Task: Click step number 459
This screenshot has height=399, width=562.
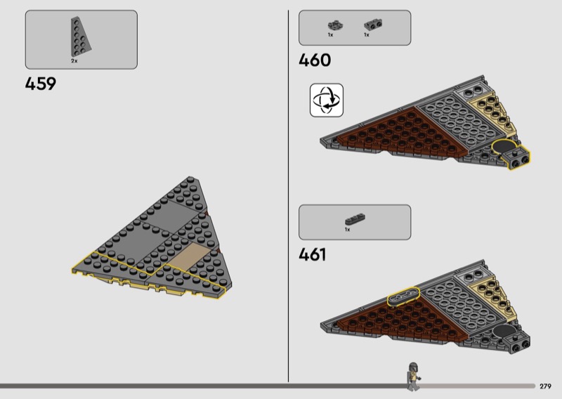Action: coord(41,84)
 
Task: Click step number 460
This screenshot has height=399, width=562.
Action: coord(315,60)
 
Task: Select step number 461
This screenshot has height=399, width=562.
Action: coord(313,254)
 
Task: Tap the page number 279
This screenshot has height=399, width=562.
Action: coord(545,386)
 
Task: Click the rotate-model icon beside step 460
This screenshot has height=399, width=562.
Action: coord(327,100)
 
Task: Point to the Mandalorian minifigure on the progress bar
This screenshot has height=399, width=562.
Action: coord(413,376)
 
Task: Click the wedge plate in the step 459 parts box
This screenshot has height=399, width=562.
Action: coord(80,37)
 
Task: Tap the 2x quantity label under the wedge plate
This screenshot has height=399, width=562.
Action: coord(74,61)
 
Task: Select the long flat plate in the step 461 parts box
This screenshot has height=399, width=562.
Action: coord(355,218)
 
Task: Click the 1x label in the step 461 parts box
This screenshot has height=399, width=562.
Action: coord(347,230)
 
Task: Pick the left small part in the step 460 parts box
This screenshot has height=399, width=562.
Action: coord(336,25)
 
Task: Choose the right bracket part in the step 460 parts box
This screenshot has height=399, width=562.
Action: coord(373,25)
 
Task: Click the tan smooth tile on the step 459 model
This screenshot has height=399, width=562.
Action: coord(189,256)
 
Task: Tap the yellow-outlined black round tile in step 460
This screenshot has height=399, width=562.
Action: coord(504,146)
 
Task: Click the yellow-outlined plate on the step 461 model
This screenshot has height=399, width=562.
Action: coord(403,296)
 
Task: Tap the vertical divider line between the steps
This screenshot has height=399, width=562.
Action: coord(288,196)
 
